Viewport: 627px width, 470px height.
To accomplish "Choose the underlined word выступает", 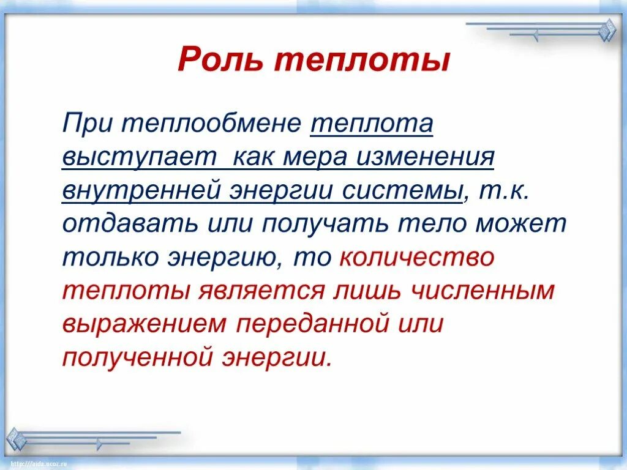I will click(x=140, y=159).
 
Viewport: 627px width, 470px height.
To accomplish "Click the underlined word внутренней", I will click(x=142, y=192).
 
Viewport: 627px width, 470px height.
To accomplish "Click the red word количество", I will click(x=416, y=258).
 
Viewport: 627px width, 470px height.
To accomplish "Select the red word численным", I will click(x=483, y=291).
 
